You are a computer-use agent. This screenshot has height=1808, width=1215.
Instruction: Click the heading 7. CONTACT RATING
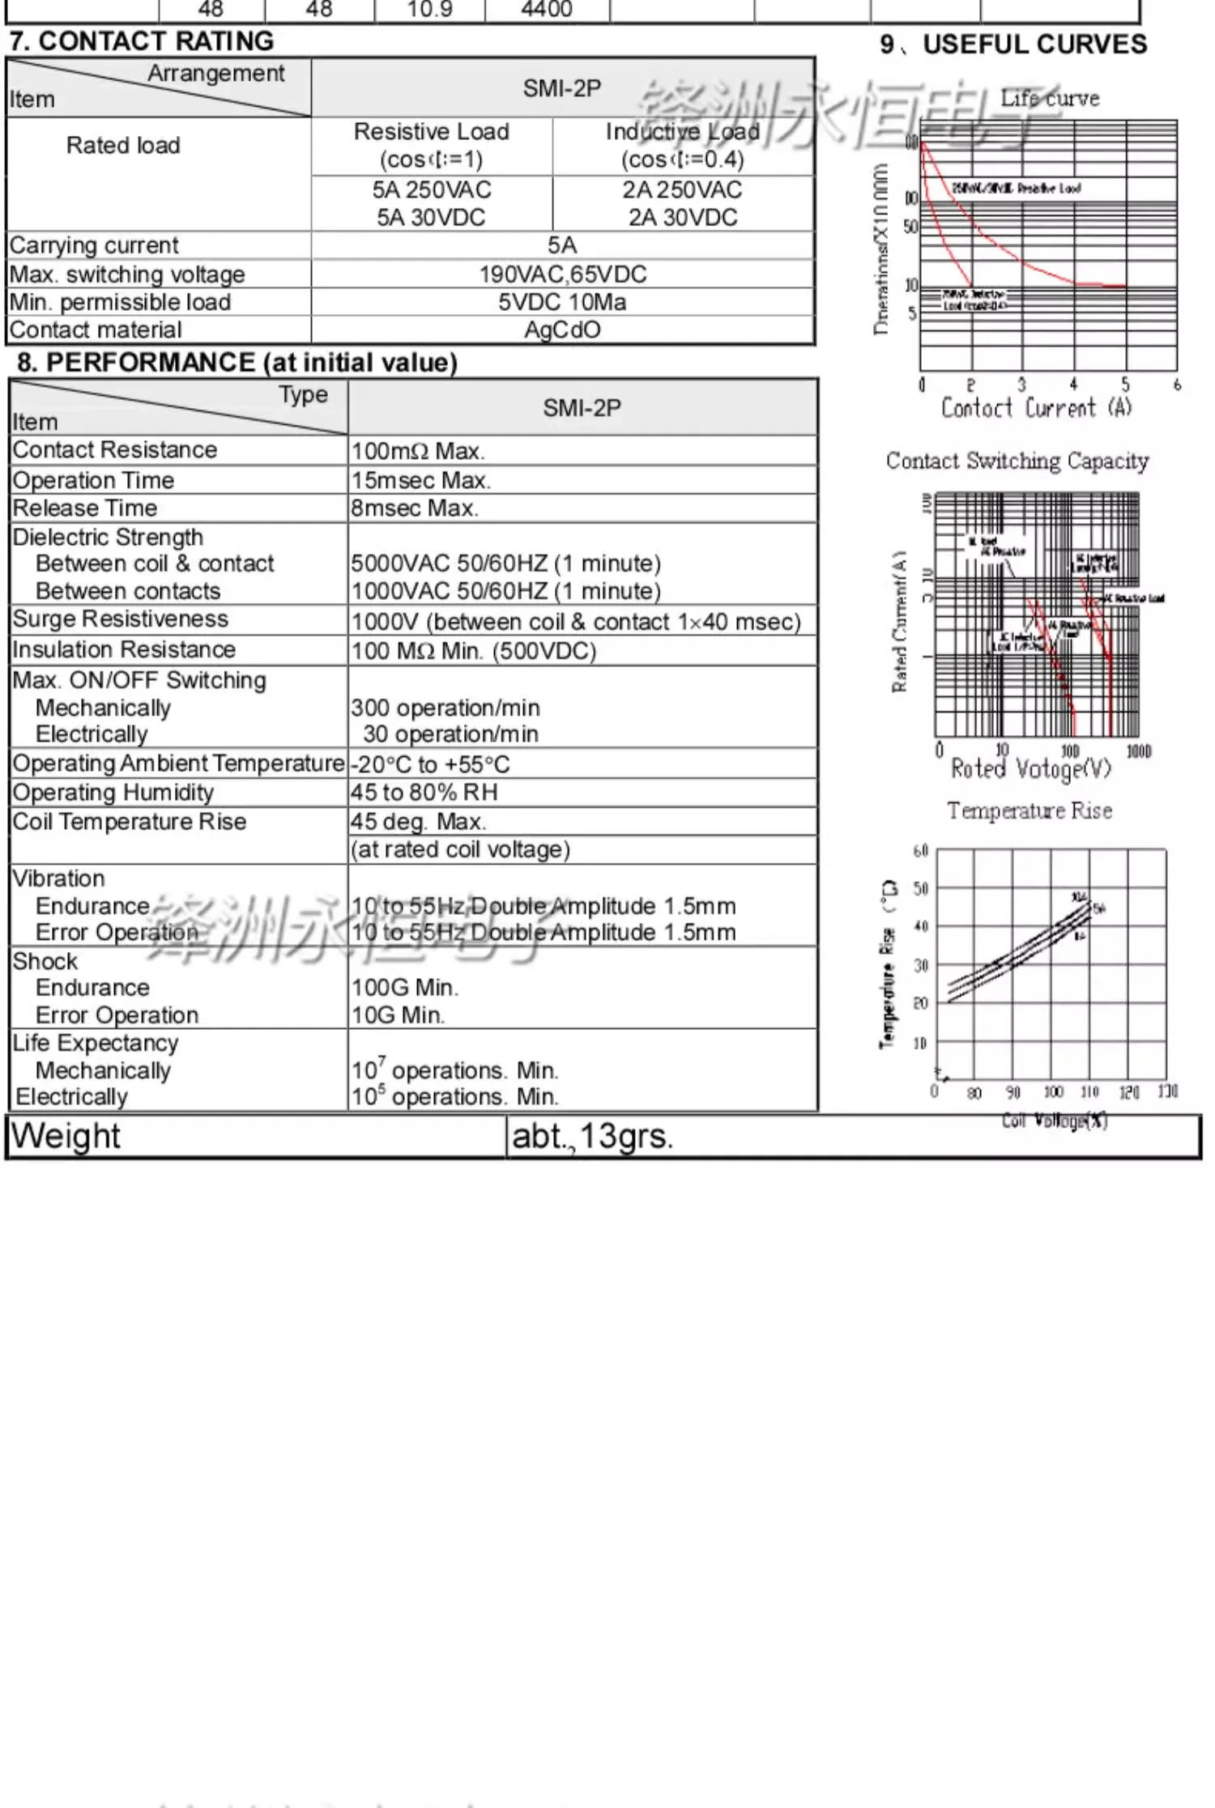142,40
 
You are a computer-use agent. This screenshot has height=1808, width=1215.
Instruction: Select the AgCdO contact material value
562,330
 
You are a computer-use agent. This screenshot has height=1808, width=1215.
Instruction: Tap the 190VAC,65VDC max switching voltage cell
562,274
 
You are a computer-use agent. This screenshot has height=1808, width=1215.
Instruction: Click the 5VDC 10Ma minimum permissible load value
562,302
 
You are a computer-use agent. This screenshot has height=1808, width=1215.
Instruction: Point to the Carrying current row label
94,245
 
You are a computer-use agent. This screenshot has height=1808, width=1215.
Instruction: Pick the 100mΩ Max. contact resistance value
417,451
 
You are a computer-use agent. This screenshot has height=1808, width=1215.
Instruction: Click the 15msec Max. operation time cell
420,480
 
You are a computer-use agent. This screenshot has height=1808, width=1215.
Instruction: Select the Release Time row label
85,508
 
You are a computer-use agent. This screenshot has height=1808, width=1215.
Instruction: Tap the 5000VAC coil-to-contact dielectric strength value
505,564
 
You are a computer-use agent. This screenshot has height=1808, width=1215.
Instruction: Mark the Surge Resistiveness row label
120,619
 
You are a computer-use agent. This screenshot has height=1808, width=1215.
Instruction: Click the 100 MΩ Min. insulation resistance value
473,651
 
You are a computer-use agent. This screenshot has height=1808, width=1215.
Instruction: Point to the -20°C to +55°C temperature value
430,764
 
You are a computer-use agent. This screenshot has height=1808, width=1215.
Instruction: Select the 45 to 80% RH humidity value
424,793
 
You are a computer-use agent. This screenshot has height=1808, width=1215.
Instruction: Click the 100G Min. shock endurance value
404,988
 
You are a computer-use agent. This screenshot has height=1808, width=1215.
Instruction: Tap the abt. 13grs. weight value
592,1137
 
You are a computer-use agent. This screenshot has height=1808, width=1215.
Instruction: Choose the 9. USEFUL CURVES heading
1013,44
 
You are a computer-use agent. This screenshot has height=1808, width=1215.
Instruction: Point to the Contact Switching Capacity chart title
1017,461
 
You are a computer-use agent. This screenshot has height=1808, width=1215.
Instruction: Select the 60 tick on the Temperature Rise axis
921,851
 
